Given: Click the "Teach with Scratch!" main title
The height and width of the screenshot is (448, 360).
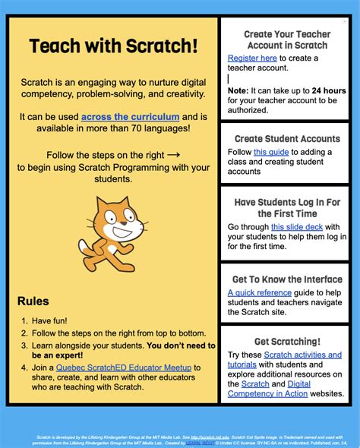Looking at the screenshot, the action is point(113,47).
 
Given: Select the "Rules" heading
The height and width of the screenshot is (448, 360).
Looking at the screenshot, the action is point(33,301).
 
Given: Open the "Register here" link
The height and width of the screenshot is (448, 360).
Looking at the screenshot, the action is point(252,58).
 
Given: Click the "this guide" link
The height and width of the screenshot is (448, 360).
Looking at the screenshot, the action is point(271,152).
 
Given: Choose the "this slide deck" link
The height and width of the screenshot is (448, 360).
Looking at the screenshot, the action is point(297,226).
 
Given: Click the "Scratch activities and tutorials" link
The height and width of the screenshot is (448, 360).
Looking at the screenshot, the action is point(291,355).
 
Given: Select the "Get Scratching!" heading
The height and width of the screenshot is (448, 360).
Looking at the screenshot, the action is point(287,342).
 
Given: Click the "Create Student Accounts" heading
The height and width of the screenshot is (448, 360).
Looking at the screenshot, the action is point(287,139).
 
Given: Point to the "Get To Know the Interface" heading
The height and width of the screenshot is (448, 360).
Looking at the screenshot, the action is point(287,279).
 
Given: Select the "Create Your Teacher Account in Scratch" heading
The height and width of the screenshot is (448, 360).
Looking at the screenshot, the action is point(286,39).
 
